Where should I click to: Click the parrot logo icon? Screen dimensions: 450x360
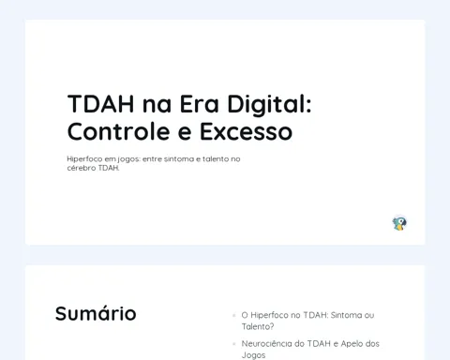coord(399,223)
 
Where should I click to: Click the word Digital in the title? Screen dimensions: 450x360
coord(269,104)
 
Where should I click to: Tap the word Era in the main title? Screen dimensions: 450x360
coord(199,104)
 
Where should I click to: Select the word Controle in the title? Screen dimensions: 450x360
coord(118,131)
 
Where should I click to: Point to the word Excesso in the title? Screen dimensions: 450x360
coord(246,131)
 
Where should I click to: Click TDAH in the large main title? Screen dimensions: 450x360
coord(101,104)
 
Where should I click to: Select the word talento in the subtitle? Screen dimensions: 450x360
coord(216,158)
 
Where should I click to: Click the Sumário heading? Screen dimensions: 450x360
coord(96,313)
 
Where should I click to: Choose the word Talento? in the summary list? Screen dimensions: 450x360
coord(258,326)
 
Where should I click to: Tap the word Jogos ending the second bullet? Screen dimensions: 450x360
coord(253,355)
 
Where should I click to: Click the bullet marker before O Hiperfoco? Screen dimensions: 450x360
coord(234,315)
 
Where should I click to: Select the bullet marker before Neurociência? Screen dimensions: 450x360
coord(234,344)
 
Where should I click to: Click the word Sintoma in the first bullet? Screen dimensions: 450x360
coord(346,315)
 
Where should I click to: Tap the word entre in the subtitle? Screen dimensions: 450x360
coord(152,158)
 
